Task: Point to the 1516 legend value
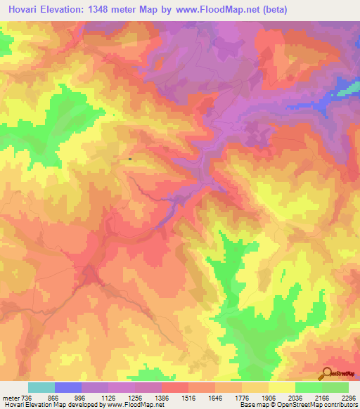188,397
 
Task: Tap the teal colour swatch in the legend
41,387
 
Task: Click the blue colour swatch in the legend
68,387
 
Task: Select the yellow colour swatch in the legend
282,387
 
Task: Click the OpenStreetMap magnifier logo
327,372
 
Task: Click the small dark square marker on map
130,159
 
